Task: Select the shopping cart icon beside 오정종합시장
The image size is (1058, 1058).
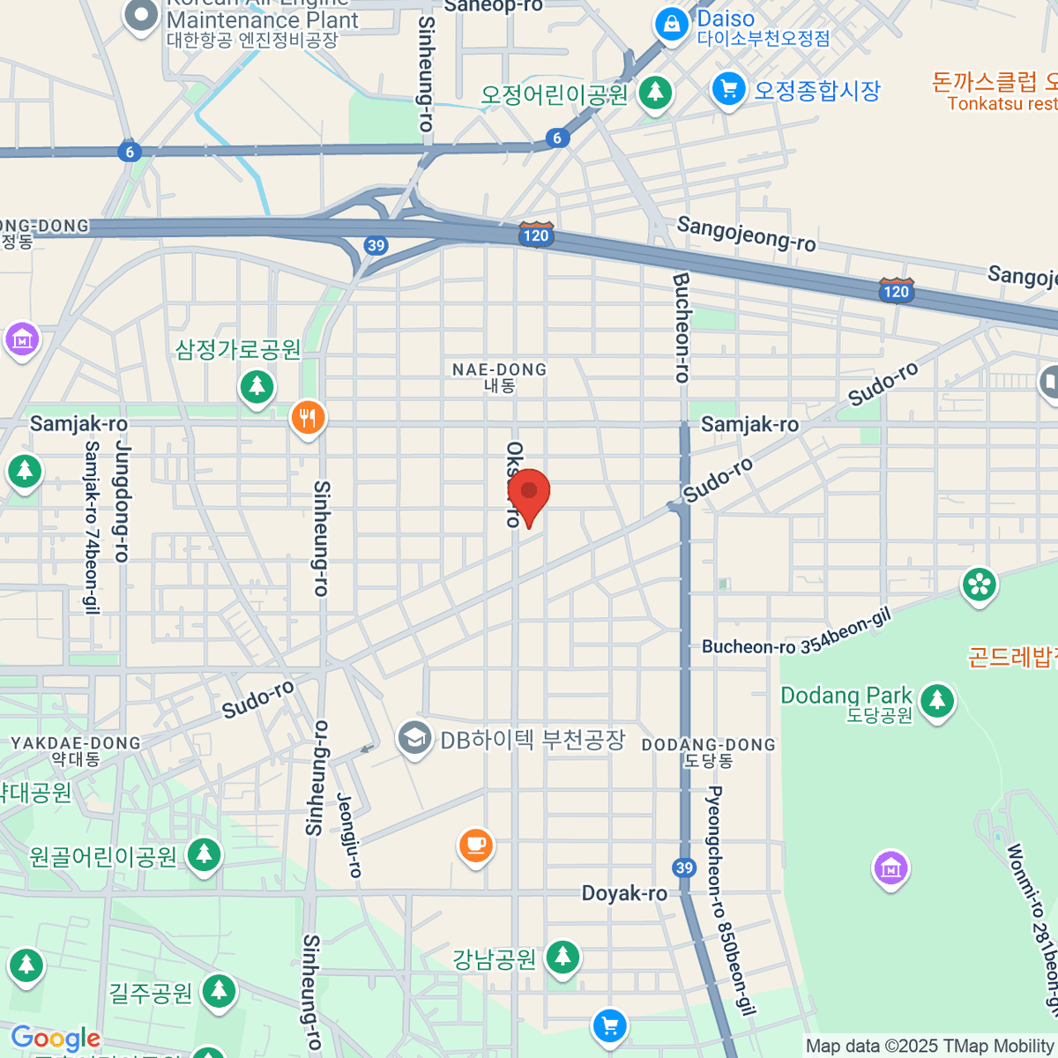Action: pyautogui.click(x=728, y=89)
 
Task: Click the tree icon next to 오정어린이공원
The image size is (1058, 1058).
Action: pyautogui.click(x=654, y=92)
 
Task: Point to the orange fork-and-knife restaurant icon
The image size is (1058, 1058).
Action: pyautogui.click(x=307, y=417)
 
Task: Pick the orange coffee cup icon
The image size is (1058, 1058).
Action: pyautogui.click(x=476, y=845)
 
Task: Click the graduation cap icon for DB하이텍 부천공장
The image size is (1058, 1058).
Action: pyautogui.click(x=414, y=738)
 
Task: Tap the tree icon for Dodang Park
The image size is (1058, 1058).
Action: pyautogui.click(x=936, y=701)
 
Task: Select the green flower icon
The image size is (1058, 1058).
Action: pyautogui.click(x=979, y=585)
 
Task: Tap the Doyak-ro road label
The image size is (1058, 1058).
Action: pyautogui.click(x=624, y=893)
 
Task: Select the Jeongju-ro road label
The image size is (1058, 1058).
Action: pyautogui.click(x=350, y=834)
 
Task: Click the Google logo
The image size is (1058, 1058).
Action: pyautogui.click(x=55, y=1038)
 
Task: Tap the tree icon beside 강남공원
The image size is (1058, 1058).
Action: pyautogui.click(x=562, y=957)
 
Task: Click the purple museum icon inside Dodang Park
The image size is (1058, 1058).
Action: pyautogui.click(x=890, y=868)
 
